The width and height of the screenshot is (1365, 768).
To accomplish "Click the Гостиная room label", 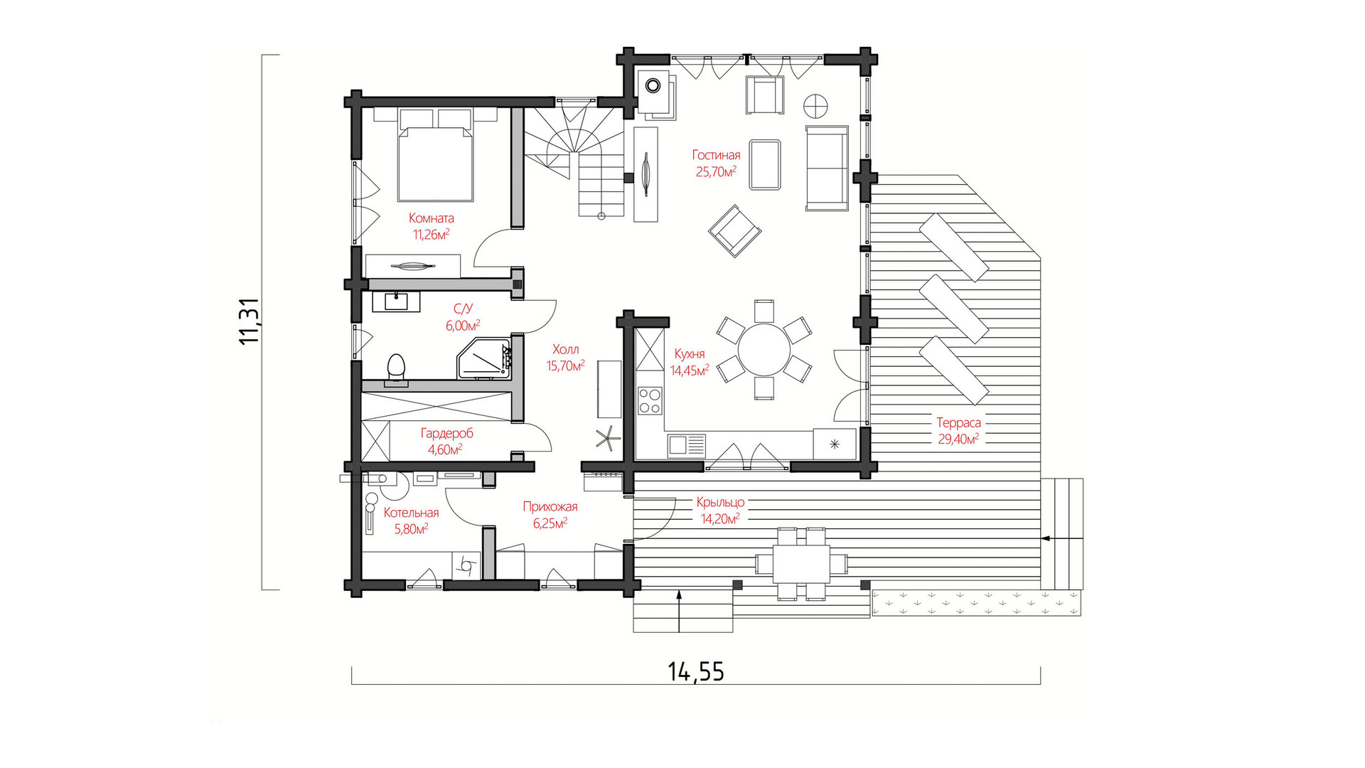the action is [716, 155].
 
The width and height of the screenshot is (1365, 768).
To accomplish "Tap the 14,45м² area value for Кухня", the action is [690, 370].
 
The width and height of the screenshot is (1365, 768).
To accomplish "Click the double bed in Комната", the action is [435, 155].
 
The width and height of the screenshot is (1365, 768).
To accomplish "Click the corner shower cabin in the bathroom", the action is [484, 359].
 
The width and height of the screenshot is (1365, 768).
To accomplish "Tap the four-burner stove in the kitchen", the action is [650, 400].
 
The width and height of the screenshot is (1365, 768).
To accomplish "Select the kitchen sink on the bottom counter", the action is [686, 445].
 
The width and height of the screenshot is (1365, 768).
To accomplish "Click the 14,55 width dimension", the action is [696, 671].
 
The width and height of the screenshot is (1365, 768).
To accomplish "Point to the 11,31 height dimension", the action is [250, 321].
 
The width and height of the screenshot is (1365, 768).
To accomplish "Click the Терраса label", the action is [958, 422].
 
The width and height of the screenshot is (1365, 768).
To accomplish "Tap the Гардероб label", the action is [446, 433].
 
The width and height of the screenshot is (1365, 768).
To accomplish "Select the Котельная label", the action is [411, 513].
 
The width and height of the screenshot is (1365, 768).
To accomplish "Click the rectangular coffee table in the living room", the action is [765, 165].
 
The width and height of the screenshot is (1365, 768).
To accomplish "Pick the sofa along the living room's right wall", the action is [827, 169].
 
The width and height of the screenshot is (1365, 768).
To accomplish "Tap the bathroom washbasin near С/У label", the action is [396, 302].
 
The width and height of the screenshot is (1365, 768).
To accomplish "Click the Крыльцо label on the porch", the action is [720, 502].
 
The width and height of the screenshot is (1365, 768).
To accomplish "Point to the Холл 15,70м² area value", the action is [565, 366].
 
